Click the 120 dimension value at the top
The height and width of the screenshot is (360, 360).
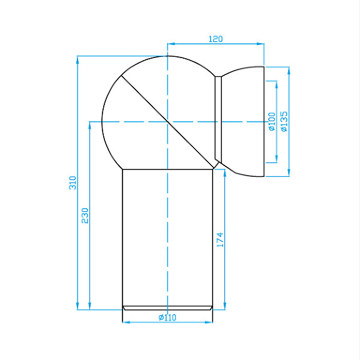pyautogui.click(x=215, y=39)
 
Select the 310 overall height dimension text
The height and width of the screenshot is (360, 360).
pyautogui.click(x=72, y=182)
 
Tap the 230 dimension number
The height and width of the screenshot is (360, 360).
pyautogui.click(x=86, y=215)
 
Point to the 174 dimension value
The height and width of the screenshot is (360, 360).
pyautogui.click(x=219, y=240)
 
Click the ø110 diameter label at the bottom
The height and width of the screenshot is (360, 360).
pyautogui.click(x=167, y=317)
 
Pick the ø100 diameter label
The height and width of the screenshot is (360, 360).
pyautogui.click(x=271, y=121)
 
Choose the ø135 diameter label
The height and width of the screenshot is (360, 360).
pyautogui.click(x=284, y=121)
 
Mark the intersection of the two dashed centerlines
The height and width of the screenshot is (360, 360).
pyautogui.click(x=167, y=121)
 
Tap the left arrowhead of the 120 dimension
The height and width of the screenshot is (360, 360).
pyautogui.click(x=171, y=44)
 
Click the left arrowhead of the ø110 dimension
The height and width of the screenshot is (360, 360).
pyautogui.click(x=125, y=322)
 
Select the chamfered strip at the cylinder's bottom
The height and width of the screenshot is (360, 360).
pyautogui.click(x=167, y=307)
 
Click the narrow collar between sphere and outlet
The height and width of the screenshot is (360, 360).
pyautogui.click(x=218, y=119)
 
